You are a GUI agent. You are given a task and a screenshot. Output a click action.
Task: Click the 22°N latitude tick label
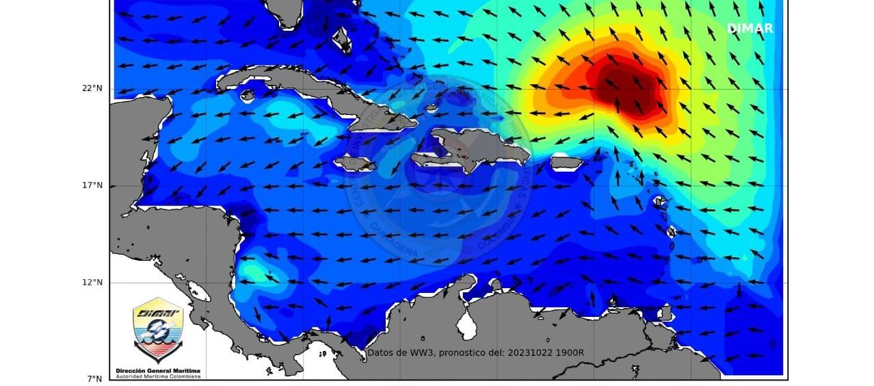click(x=93, y=88)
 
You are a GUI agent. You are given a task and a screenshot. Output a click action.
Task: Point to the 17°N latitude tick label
click(x=93, y=185)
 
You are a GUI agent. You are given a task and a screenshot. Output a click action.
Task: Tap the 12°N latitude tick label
click(x=93, y=283)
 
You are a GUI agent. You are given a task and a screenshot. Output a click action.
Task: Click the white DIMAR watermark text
click(x=750, y=29)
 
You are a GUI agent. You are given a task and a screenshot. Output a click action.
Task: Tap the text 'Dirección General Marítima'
click(x=158, y=370)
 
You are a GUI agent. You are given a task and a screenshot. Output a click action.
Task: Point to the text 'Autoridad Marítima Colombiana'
click(x=158, y=376)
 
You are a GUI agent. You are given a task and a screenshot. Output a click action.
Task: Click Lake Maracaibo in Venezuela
click(x=468, y=324)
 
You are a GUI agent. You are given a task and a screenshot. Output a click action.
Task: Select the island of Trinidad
click(x=665, y=313)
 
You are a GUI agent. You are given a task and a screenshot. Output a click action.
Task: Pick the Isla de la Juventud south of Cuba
click(x=247, y=95)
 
